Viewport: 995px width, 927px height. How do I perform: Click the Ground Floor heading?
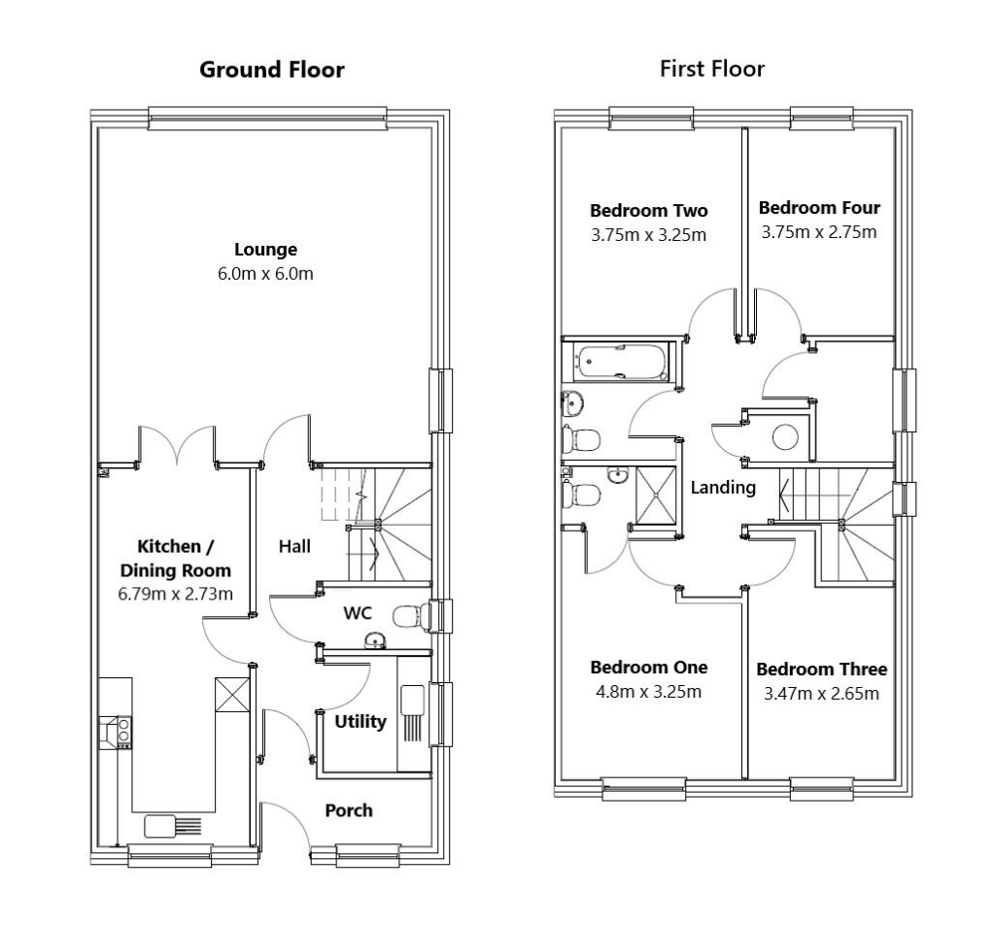tap(271, 70)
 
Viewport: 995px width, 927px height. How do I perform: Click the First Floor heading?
tap(711, 68)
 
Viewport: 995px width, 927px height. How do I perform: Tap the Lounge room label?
tap(264, 249)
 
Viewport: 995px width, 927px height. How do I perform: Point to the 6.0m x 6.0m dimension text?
tap(264, 273)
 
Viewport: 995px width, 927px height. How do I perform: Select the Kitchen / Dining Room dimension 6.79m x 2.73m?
tap(175, 594)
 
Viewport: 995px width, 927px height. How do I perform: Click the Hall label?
tap(294, 546)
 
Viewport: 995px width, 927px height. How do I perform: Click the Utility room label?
tap(360, 722)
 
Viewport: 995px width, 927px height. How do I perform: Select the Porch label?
tap(348, 809)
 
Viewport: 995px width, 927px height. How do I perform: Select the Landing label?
tap(723, 488)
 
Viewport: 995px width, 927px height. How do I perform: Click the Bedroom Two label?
tap(649, 211)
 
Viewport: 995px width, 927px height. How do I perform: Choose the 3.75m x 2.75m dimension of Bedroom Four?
tap(819, 232)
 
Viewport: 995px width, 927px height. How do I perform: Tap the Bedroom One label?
tap(649, 668)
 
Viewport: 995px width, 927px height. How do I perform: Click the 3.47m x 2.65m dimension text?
tap(821, 693)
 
